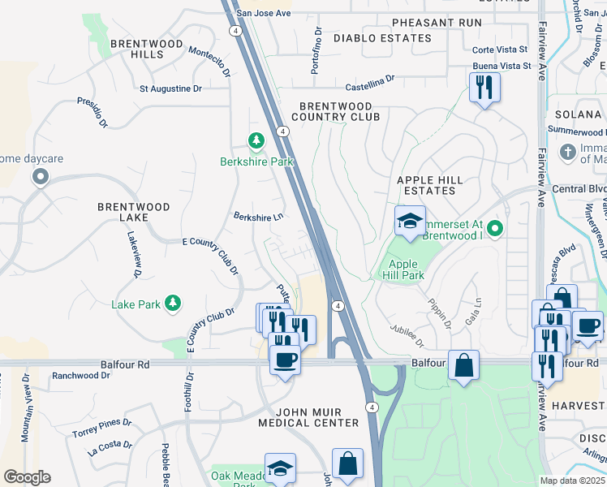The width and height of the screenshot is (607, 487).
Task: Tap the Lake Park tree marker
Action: (172, 304)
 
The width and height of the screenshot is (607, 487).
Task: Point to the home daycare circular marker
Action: (40, 177)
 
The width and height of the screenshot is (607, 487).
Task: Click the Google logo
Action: (27, 477)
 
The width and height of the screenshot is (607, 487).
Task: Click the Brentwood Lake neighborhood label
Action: (134, 213)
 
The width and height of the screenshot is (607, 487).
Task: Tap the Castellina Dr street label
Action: (369, 80)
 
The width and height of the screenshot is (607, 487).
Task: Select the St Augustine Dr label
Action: (170, 88)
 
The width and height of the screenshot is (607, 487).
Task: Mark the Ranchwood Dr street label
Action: (80, 376)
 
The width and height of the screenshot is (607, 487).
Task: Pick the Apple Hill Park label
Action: (403, 269)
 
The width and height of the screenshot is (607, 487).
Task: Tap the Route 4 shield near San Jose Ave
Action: (235, 30)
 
